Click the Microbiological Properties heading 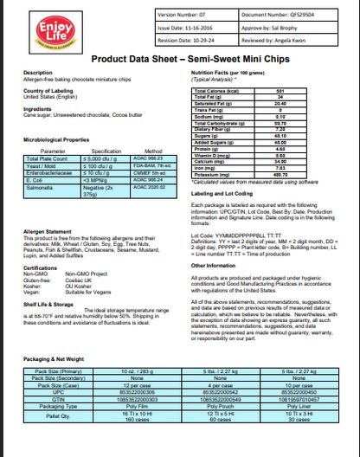57,139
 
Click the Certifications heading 42,267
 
